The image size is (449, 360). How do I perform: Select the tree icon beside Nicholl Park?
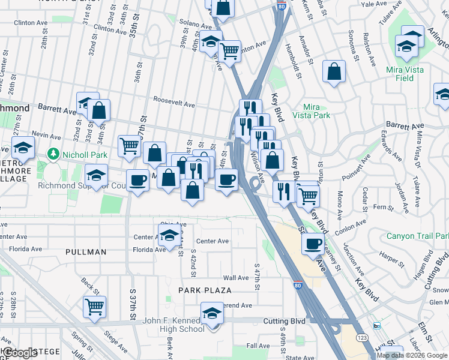click(53, 154)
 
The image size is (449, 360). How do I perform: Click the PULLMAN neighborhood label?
click(86, 252)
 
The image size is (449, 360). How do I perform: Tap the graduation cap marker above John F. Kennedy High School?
click(211, 314)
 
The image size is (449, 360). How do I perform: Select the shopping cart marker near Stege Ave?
click(95, 307)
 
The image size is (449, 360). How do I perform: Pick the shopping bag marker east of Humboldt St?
click(334, 71)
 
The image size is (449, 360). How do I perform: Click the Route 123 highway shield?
click(363, 331)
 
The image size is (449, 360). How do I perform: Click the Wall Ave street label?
click(235, 278)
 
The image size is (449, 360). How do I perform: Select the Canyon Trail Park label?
click(417, 236)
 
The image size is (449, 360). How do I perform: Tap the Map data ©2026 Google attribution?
click(411, 355)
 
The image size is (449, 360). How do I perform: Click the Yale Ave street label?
click(375, 4)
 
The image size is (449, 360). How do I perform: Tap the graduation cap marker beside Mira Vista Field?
click(406, 46)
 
